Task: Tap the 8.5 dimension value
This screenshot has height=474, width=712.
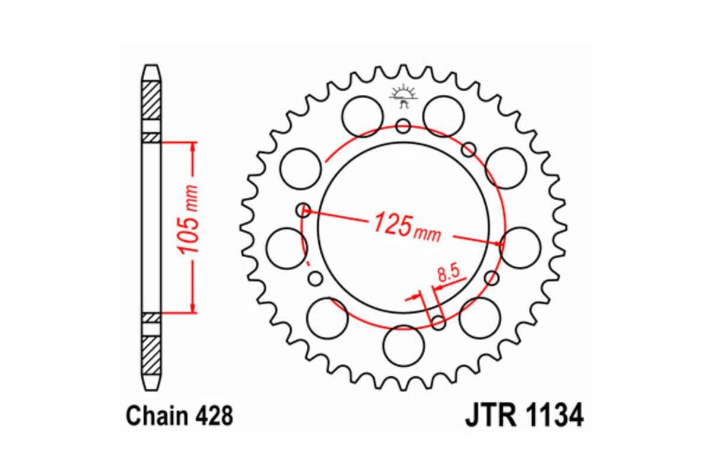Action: (x=449, y=274)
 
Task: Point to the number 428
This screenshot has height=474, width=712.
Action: (x=213, y=417)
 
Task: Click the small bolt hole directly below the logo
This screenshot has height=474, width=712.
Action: (x=403, y=126)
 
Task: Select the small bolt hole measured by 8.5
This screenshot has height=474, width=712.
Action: (x=438, y=322)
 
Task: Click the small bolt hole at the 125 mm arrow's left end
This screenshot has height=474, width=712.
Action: (x=304, y=209)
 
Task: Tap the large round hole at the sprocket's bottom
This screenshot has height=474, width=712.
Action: (x=404, y=345)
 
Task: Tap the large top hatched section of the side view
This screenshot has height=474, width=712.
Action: (x=151, y=99)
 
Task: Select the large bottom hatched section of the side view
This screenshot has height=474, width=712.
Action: (x=151, y=352)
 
